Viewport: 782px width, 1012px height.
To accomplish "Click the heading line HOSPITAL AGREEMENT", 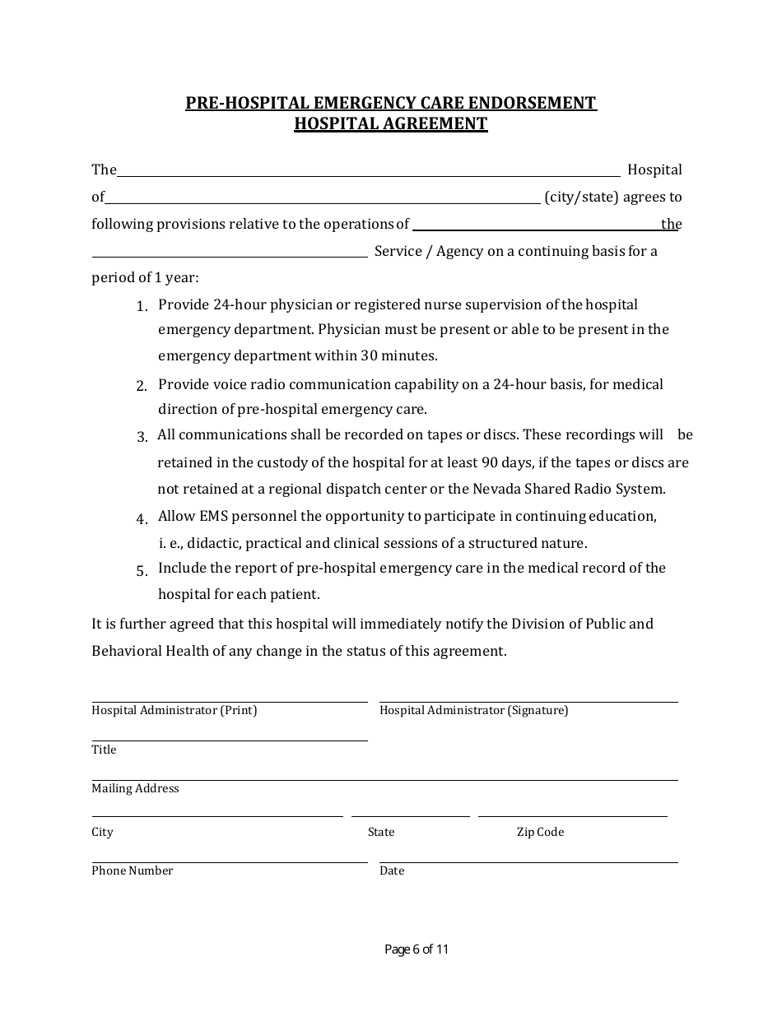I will coord(391,123).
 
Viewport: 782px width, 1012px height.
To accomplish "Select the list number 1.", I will coord(142,306).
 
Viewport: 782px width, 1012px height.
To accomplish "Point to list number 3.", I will coord(142,437).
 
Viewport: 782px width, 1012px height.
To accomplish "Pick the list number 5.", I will coord(142,570).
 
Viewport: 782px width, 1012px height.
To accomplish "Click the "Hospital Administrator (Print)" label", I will coord(175,710).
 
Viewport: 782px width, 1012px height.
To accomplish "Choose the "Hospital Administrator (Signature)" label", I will coord(473,710).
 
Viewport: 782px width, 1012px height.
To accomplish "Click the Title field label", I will coord(104,750).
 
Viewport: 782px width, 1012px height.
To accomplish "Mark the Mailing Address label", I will coord(135,788).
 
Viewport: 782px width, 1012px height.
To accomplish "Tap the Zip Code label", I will coord(540,832).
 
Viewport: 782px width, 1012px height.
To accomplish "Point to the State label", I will coord(381,832).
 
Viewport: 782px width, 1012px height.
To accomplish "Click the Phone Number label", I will coord(133,870).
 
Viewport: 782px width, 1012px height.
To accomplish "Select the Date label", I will coord(392,870).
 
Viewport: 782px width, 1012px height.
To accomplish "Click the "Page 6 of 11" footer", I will coord(417,949).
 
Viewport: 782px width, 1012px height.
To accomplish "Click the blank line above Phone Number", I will coord(229,861).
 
